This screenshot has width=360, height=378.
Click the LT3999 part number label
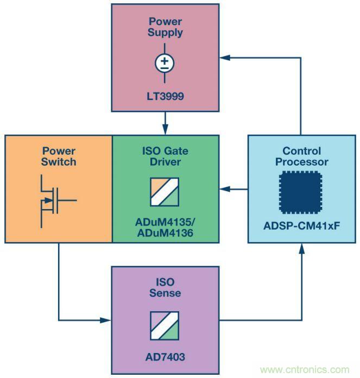[165, 97]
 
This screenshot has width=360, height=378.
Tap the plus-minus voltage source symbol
[165, 64]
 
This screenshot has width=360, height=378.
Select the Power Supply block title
[165, 27]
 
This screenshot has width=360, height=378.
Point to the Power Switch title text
[59, 156]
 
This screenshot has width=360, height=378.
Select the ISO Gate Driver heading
[165, 156]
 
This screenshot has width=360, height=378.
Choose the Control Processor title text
[302, 156]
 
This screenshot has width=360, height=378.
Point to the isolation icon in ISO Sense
[165, 326]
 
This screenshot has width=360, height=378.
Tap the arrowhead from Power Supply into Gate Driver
[165, 130]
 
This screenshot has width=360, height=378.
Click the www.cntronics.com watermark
[305, 370]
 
